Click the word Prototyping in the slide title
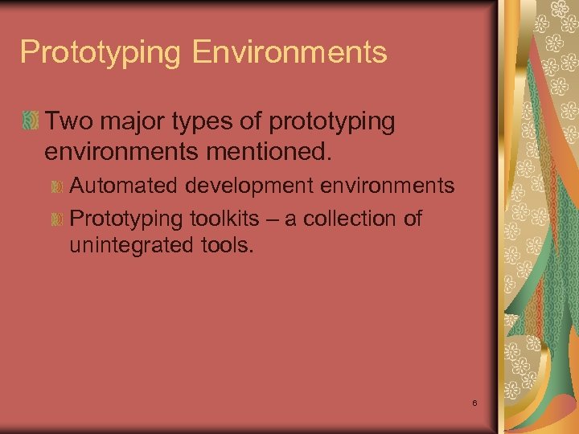(x=101, y=53)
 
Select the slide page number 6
(x=475, y=402)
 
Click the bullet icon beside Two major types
(x=31, y=122)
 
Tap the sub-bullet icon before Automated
(x=57, y=187)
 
